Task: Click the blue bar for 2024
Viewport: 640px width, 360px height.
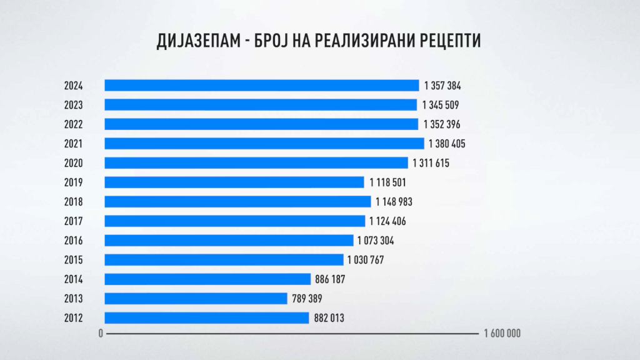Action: [x=261, y=86]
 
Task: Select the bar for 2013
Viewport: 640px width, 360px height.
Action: [x=196, y=299]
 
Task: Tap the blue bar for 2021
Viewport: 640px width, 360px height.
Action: [x=264, y=144]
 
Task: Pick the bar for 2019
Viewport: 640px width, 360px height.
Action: [x=234, y=182]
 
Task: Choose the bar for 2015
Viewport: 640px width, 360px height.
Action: [x=224, y=260]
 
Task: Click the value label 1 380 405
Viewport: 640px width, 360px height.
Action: [x=447, y=144]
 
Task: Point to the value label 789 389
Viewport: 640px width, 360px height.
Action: [x=307, y=299]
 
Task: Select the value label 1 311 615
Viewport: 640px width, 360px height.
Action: [x=431, y=163]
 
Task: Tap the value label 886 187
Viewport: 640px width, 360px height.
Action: [x=330, y=279]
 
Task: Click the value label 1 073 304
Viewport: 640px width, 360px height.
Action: [x=376, y=241]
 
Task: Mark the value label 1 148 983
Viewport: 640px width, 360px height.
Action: [x=394, y=202]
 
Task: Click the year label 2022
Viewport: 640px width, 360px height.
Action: [x=73, y=124]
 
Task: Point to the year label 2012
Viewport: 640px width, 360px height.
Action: [x=73, y=318]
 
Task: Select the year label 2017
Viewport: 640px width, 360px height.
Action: [x=73, y=221]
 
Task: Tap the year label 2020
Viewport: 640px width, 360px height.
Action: [x=73, y=163]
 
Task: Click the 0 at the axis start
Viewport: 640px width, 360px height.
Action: [x=101, y=334]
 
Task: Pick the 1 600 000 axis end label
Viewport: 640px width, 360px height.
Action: [x=502, y=334]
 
